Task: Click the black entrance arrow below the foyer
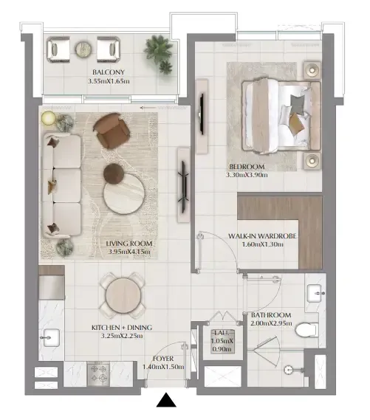(x=166, y=400)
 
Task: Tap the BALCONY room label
(x=109, y=72)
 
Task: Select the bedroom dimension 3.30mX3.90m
(x=247, y=175)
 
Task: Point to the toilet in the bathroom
(x=307, y=330)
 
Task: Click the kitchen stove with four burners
(x=98, y=373)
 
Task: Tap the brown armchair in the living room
(x=112, y=131)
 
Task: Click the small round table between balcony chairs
(x=83, y=49)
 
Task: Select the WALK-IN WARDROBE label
(x=262, y=236)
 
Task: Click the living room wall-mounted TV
(x=184, y=185)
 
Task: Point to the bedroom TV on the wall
(x=202, y=116)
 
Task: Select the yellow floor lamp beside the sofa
(x=49, y=118)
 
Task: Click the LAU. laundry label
(x=222, y=333)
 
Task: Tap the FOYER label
(x=163, y=359)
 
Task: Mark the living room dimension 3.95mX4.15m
(x=129, y=252)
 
